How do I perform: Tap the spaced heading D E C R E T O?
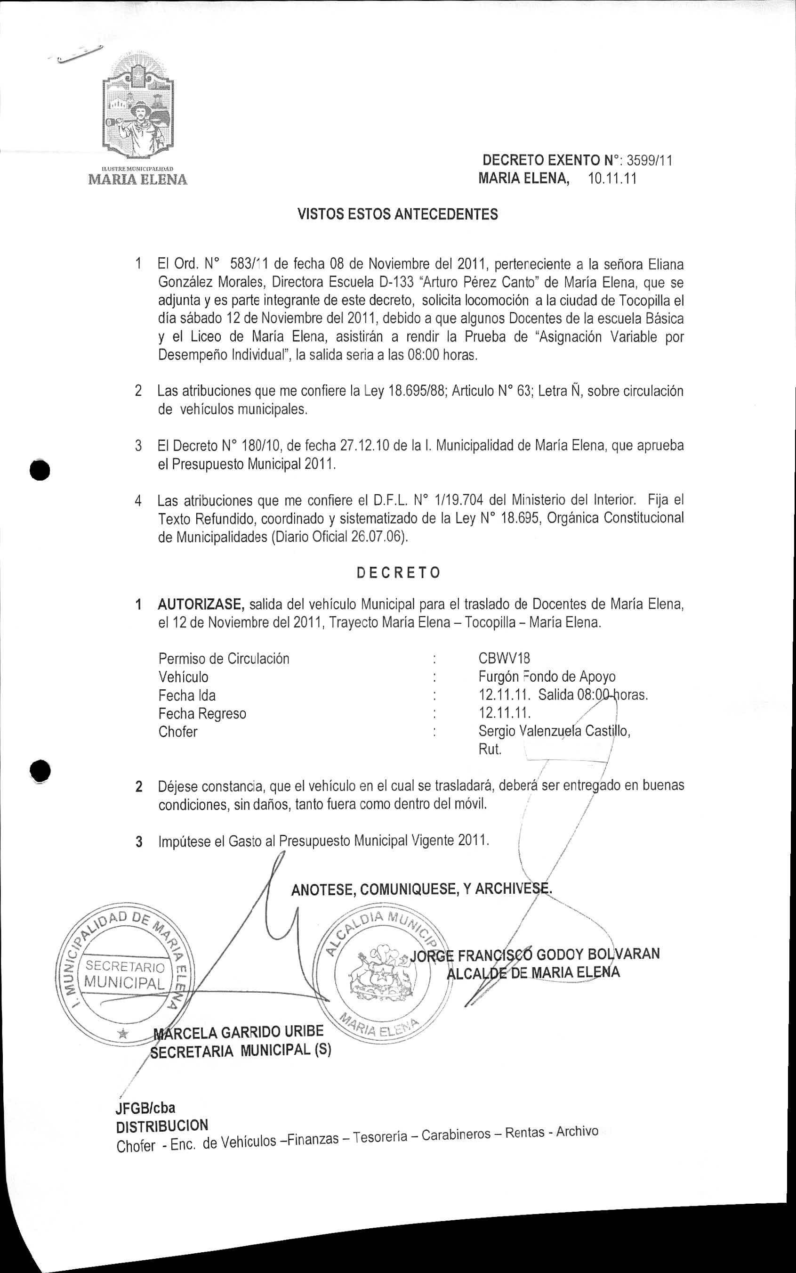point(398,573)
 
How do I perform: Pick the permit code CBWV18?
point(504,658)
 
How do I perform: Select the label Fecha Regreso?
point(202,713)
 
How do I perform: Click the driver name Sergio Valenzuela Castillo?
point(554,731)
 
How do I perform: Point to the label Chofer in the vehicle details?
point(178,732)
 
